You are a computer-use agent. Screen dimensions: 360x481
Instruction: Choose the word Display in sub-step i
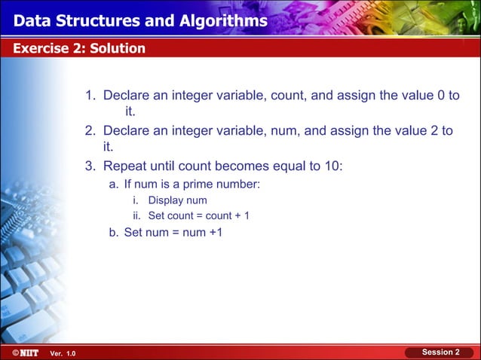165,200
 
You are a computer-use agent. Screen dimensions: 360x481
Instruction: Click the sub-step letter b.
114,232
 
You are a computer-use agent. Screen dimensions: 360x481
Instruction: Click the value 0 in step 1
437,96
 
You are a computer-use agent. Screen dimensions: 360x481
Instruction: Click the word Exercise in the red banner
38,49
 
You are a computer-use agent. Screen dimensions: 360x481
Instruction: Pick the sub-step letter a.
114,184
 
